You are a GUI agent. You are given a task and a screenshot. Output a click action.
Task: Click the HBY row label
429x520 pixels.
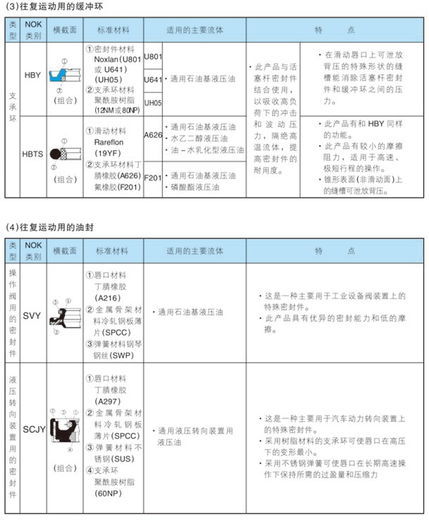coord(33,75)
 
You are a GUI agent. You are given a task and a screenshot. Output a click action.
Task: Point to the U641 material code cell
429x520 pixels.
coord(153,78)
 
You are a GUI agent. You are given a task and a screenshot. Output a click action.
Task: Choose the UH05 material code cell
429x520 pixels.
coord(153,102)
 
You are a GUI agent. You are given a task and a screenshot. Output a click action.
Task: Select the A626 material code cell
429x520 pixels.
coord(153,135)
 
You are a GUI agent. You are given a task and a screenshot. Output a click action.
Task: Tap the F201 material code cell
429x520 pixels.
coord(153,176)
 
